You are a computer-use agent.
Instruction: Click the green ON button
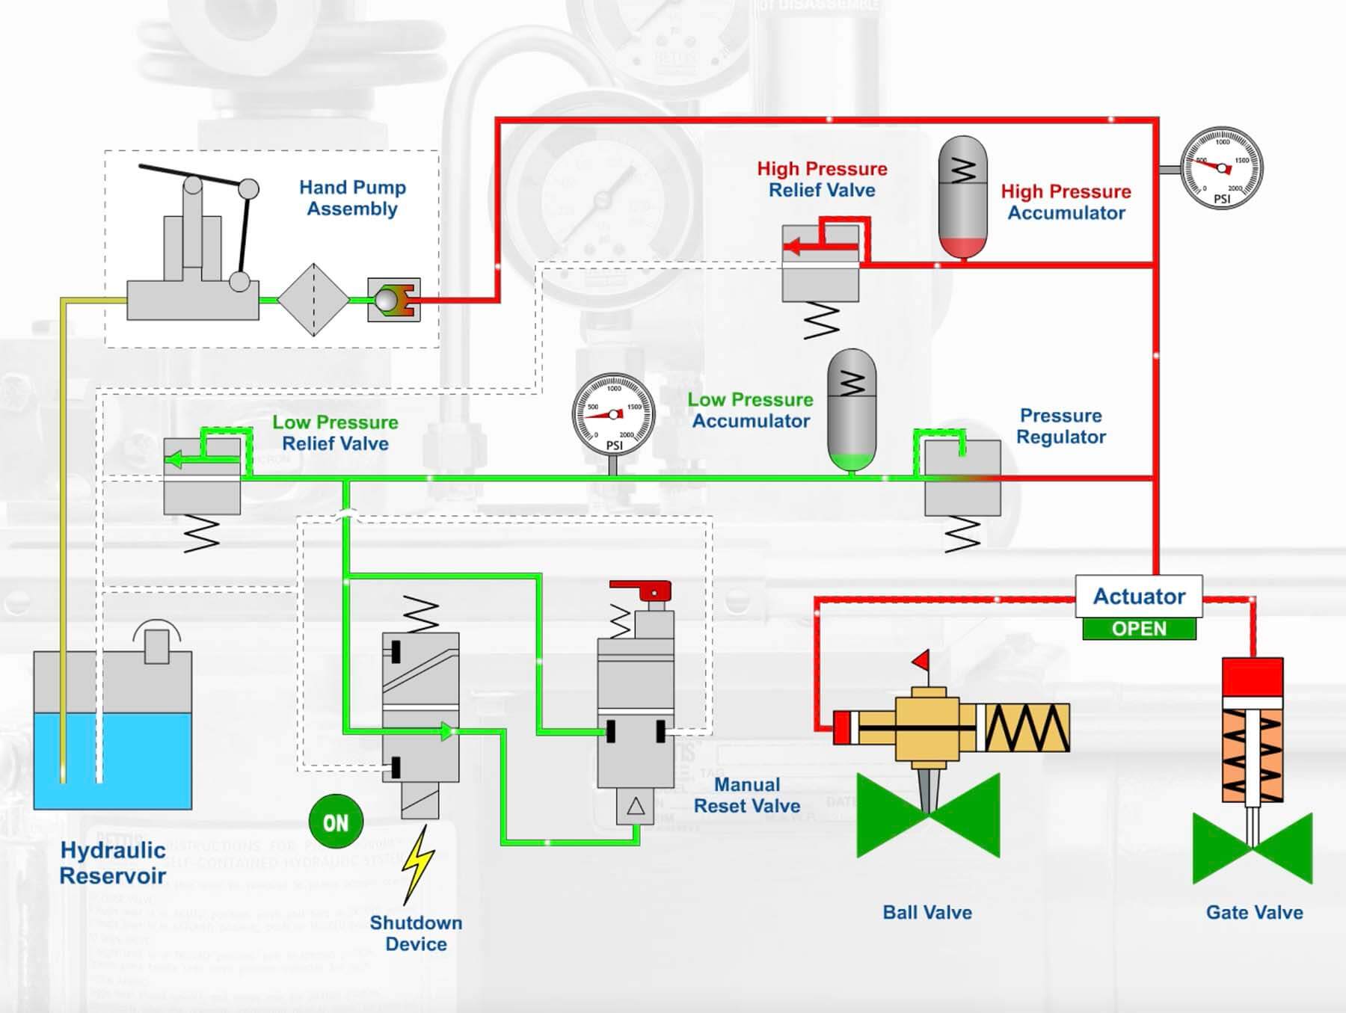click(336, 822)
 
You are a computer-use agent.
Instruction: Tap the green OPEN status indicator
click(1139, 629)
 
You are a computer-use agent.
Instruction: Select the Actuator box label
click(1139, 597)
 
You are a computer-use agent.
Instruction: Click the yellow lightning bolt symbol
click(417, 863)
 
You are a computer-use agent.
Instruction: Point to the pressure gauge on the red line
click(1221, 168)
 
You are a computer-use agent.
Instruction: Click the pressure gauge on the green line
click(613, 414)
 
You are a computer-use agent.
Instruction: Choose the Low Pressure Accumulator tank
click(852, 410)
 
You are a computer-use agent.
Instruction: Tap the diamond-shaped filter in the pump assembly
click(313, 300)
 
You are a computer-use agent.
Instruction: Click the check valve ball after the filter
click(387, 300)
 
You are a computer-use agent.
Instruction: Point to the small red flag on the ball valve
click(921, 660)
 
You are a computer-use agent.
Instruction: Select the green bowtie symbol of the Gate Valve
click(1253, 849)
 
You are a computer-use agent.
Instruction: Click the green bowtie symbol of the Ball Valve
click(928, 816)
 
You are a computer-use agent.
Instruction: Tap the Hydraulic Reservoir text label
click(112, 863)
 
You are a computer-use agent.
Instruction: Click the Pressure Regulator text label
click(1060, 426)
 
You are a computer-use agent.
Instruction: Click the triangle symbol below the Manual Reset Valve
click(636, 807)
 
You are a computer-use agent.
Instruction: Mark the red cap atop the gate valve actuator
click(1253, 676)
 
